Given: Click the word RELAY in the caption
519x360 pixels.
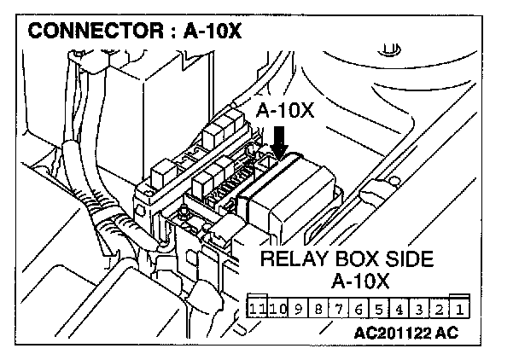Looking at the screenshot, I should click(x=290, y=258).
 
